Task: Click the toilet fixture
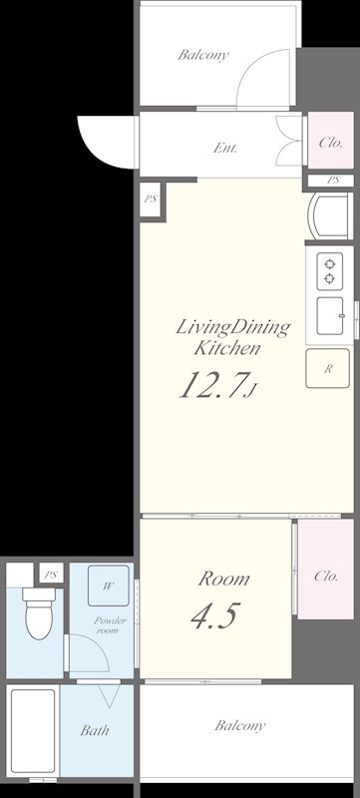39,613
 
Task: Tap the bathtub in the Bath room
33,730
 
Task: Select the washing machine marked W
109,586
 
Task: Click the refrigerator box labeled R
327,368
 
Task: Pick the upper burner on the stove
329,264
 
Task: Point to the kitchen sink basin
329,315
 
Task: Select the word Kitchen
227,348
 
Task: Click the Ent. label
225,149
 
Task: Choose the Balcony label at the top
202,55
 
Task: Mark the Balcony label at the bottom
239,726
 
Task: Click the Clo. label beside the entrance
330,143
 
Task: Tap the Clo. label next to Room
326,577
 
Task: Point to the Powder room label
110,625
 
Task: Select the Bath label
95,730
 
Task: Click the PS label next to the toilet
50,576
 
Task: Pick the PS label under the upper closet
333,181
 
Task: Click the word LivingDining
233,328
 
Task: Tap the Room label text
223,579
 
